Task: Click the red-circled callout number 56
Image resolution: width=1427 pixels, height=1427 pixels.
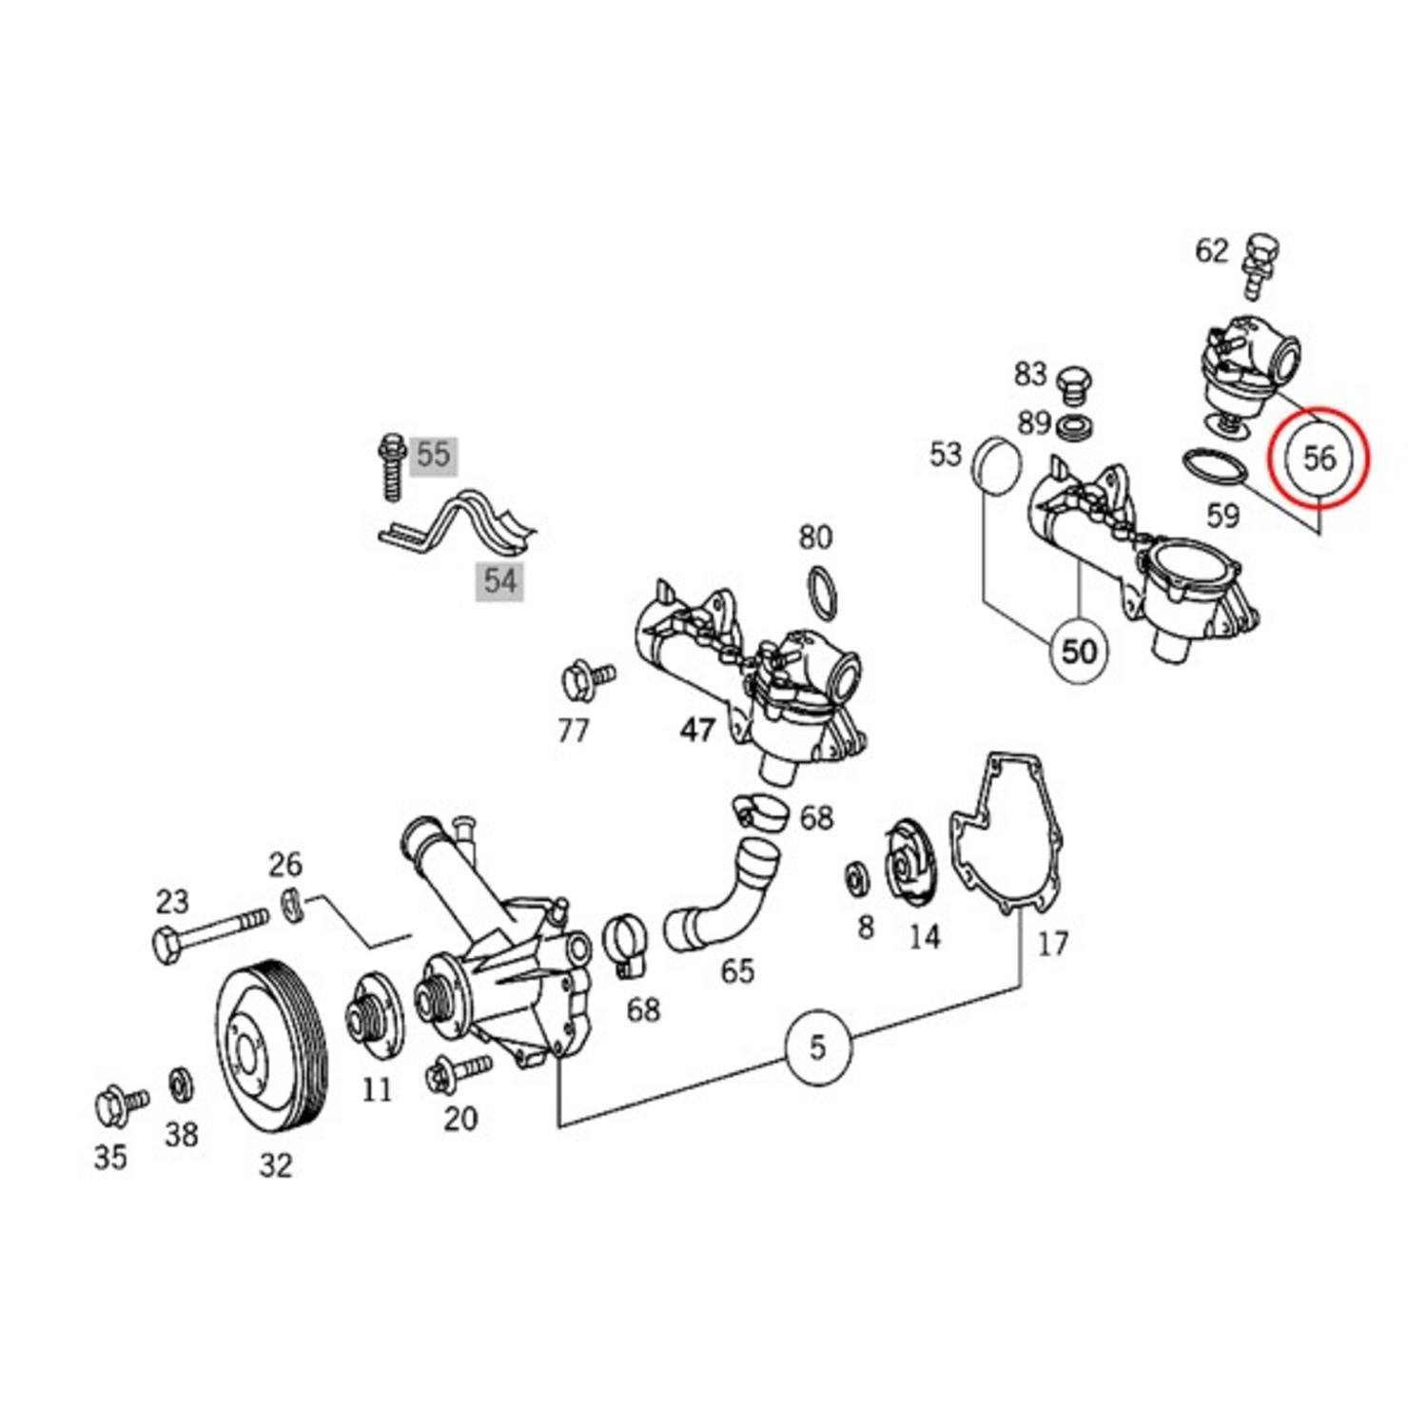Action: pyautogui.click(x=1319, y=459)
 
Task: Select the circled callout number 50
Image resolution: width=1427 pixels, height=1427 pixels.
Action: pyautogui.click(x=1079, y=652)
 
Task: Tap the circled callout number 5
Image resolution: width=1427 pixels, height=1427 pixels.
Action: pyautogui.click(x=818, y=1047)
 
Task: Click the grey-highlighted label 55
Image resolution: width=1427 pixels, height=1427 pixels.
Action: pyautogui.click(x=433, y=455)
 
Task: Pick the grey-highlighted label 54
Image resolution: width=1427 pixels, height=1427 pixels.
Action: pyautogui.click(x=500, y=579)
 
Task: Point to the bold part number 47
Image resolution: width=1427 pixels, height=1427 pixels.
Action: pyautogui.click(x=697, y=730)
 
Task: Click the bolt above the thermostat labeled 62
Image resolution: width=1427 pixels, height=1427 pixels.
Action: pyautogui.click(x=1261, y=261)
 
